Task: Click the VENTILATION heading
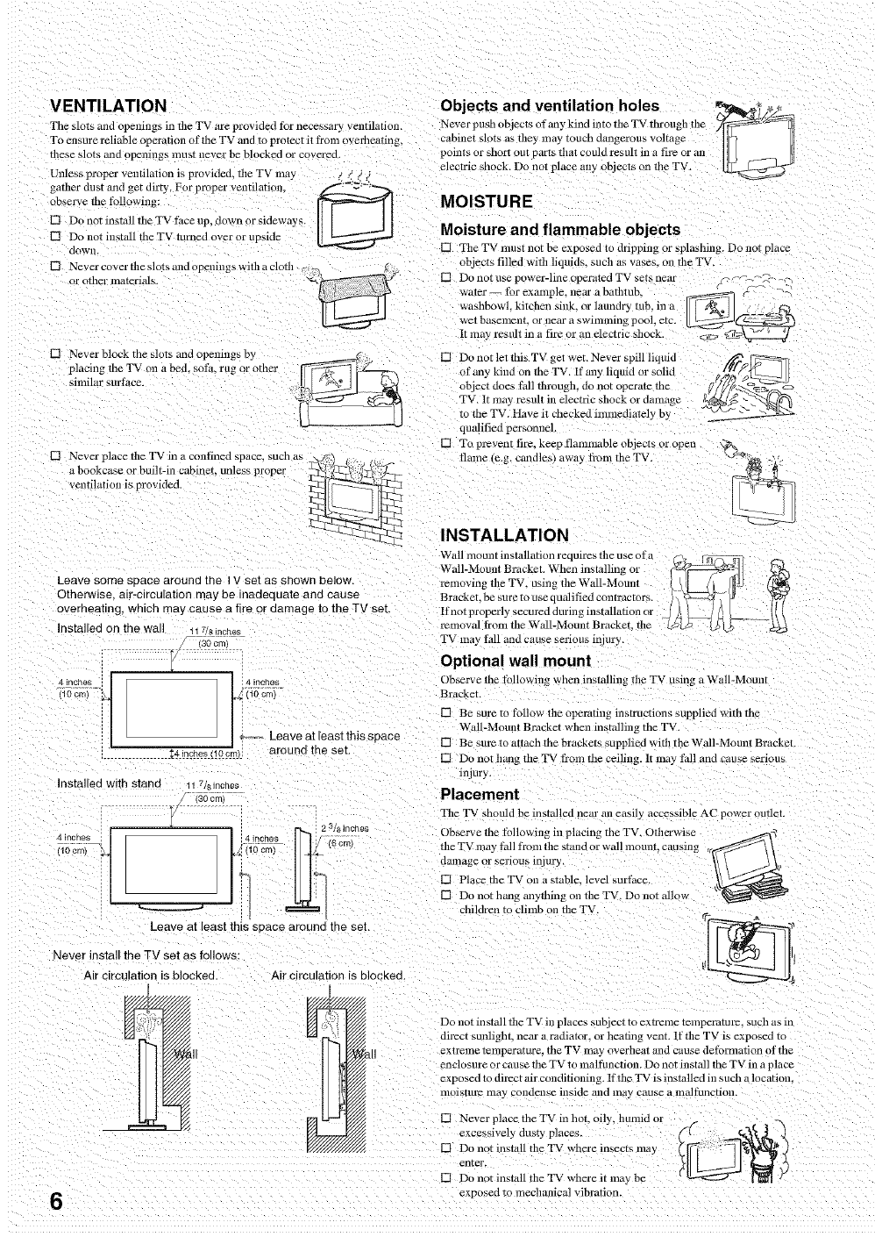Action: [x=108, y=106]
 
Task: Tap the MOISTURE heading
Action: [x=486, y=201]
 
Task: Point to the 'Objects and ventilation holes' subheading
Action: [x=548, y=106]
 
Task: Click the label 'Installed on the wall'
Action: [x=110, y=628]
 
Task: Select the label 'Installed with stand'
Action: [x=109, y=783]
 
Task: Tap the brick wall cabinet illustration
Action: [x=351, y=496]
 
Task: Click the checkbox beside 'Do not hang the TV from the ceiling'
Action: [x=446, y=758]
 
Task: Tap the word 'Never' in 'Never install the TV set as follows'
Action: [x=70, y=955]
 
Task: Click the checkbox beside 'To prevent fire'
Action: [x=446, y=444]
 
